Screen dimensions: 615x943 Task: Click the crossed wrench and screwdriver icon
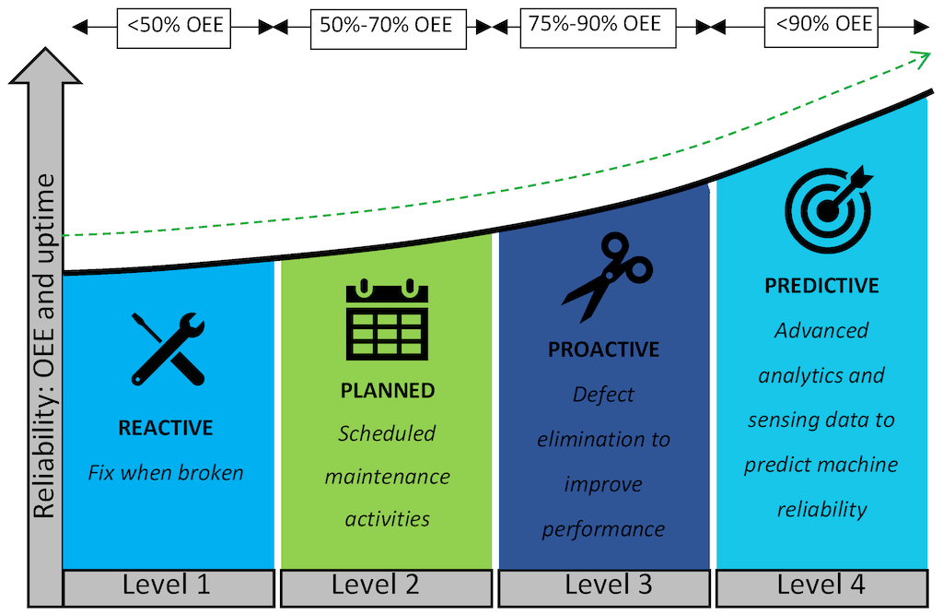(168, 349)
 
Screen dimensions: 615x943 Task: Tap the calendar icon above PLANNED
(387, 320)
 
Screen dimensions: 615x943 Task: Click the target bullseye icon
(827, 209)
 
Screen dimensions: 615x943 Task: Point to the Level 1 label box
(168, 584)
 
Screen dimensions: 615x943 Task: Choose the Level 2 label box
(386, 584)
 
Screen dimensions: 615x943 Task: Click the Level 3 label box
(604, 584)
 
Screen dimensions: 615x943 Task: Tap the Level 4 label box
(821, 584)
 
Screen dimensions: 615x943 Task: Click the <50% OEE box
(175, 26)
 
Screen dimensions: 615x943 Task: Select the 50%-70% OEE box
(386, 26)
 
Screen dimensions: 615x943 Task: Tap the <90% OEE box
(821, 26)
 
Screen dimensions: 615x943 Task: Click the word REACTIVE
(166, 428)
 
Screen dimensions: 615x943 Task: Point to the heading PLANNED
(388, 390)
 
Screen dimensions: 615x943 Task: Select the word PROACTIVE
(604, 349)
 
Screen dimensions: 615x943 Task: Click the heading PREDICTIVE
(821, 286)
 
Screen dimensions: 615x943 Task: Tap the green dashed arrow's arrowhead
(922, 58)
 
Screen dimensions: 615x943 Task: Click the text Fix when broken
(166, 473)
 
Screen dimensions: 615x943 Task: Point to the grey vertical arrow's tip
(45, 53)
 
